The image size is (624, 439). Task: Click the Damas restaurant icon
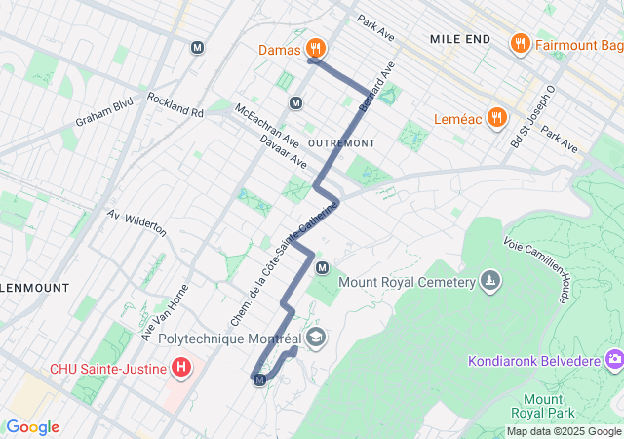315,47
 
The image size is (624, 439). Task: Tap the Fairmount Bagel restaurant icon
520,44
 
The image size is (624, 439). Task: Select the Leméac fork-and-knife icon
496,116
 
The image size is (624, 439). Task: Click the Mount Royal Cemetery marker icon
489,283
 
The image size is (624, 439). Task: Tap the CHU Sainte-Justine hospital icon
180,368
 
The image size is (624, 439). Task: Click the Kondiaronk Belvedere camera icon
613,362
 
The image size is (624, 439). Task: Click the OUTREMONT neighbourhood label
340,142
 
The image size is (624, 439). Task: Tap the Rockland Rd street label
175,105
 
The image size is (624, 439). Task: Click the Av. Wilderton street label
137,223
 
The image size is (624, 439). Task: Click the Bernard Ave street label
376,86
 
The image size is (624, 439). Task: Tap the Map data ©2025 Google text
563,431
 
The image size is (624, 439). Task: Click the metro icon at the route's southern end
259,379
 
